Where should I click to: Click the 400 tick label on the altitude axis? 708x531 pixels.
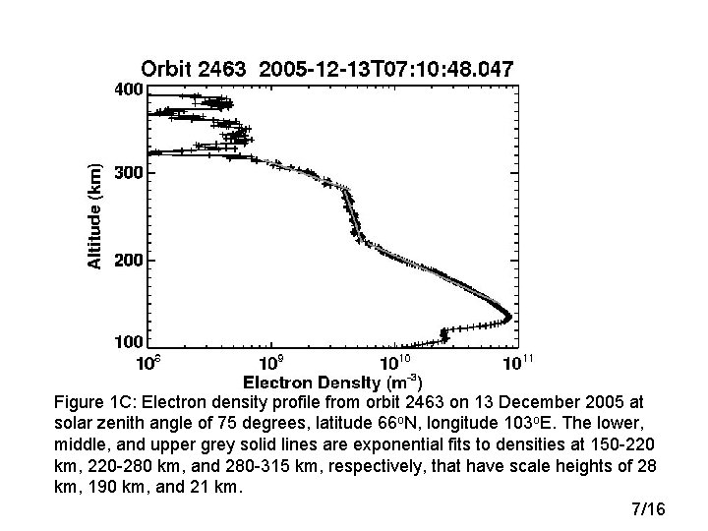pyautogui.click(x=128, y=88)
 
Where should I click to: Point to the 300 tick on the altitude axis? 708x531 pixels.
pyautogui.click(x=128, y=173)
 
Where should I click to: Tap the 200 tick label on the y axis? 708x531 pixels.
pyautogui.click(x=128, y=261)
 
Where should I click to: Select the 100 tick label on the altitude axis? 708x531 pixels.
pyautogui.click(x=128, y=342)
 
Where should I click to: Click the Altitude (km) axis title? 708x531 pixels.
pyautogui.click(x=94, y=215)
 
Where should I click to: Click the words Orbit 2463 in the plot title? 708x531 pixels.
pyautogui.click(x=193, y=69)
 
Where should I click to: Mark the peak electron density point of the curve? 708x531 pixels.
pyautogui.click(x=508, y=317)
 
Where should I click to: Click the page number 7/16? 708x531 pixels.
pyautogui.click(x=648, y=509)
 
